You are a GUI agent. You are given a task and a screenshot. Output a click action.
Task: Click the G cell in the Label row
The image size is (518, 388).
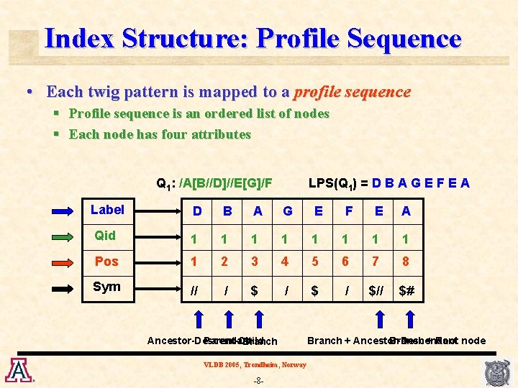point(288,211)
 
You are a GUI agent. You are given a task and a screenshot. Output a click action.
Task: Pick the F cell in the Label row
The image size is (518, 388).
point(349,211)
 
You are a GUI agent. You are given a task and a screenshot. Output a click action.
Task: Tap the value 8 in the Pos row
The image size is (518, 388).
point(406,262)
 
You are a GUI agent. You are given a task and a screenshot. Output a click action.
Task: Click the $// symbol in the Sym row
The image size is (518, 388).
point(376,290)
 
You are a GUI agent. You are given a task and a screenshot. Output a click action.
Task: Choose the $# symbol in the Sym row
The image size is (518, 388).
point(407,290)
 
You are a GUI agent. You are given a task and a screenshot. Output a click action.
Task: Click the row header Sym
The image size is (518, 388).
point(107,287)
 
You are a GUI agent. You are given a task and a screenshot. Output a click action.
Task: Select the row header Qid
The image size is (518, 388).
point(105,236)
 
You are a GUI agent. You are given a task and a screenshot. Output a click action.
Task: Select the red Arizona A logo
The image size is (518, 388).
point(17,369)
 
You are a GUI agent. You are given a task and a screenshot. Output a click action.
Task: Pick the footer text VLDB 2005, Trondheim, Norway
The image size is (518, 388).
point(255,364)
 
